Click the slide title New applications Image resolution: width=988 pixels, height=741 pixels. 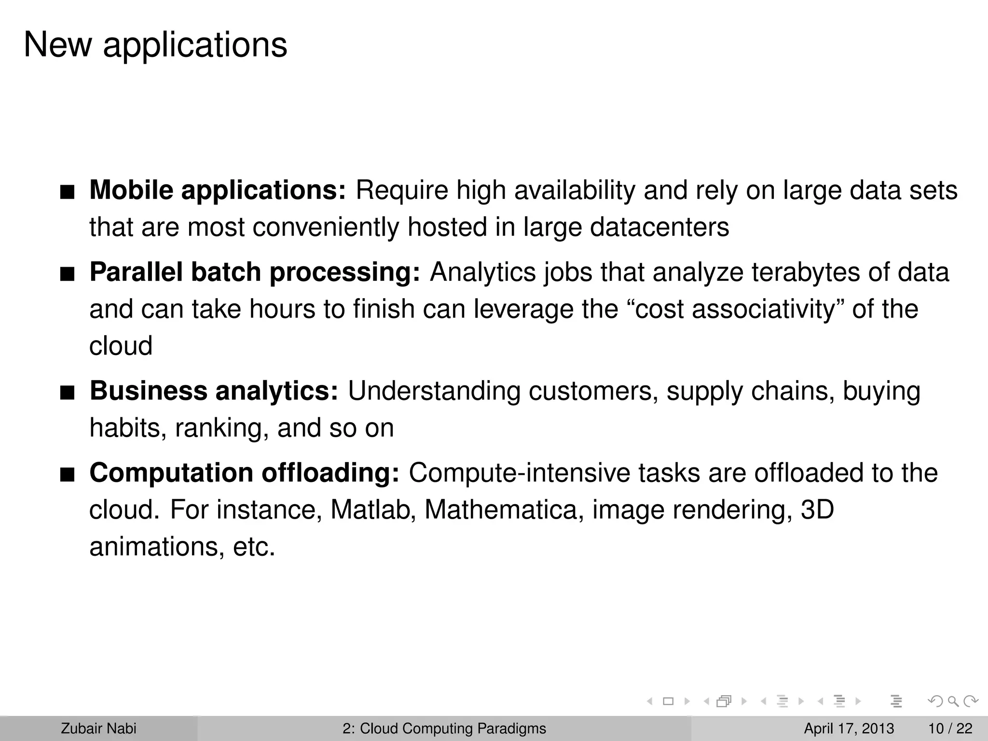coord(155,45)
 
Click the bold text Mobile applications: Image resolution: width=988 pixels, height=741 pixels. coord(218,190)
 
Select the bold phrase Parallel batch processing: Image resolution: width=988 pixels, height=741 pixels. coord(255,272)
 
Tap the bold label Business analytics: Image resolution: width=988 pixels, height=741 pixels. coord(214,391)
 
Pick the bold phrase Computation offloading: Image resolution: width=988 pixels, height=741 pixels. coord(244,473)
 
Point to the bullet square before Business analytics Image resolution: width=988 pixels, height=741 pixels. coord(67,394)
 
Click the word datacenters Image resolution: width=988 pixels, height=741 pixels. coord(659,227)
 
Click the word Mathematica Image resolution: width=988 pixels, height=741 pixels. coord(501,510)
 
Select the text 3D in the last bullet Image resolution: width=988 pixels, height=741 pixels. coord(817,510)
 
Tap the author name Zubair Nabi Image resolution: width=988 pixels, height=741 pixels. coord(98,728)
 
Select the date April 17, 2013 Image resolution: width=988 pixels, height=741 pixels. coord(849,728)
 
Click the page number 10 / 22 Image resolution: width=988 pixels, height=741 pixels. coord(950,728)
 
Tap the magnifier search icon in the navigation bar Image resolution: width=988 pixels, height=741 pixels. coord(953,701)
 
